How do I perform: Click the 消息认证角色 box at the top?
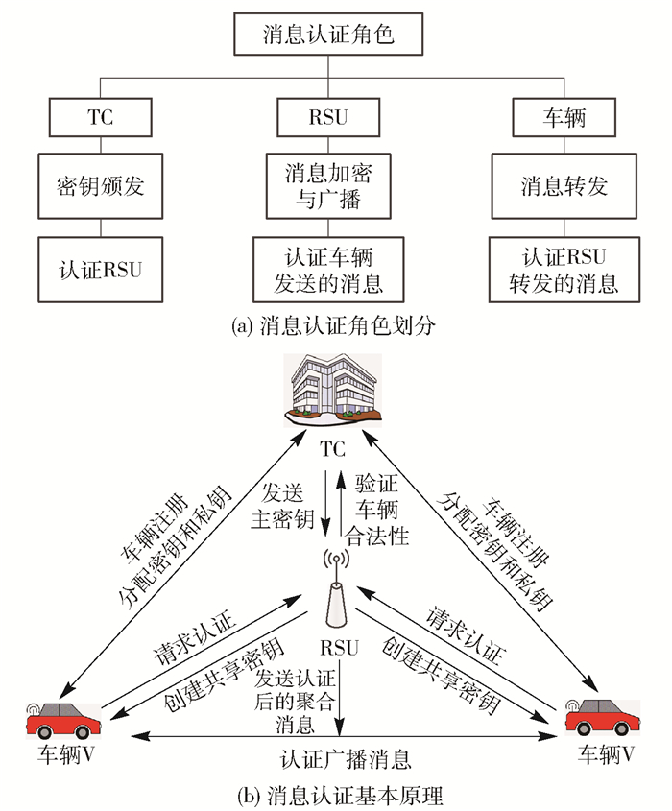point(328,36)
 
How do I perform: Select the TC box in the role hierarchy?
point(100,119)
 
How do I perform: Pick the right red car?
point(599,718)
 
